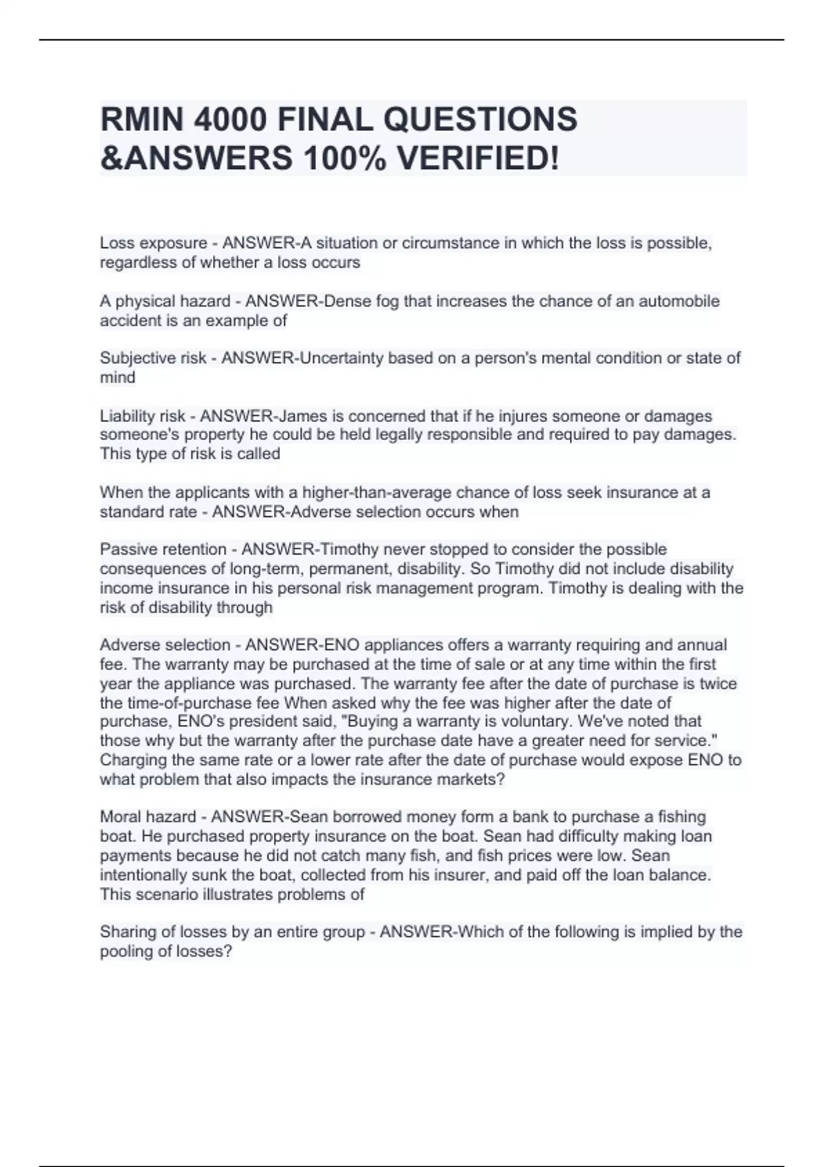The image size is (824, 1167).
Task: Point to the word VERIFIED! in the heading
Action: point(478,159)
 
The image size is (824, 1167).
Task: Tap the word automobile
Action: point(679,301)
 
